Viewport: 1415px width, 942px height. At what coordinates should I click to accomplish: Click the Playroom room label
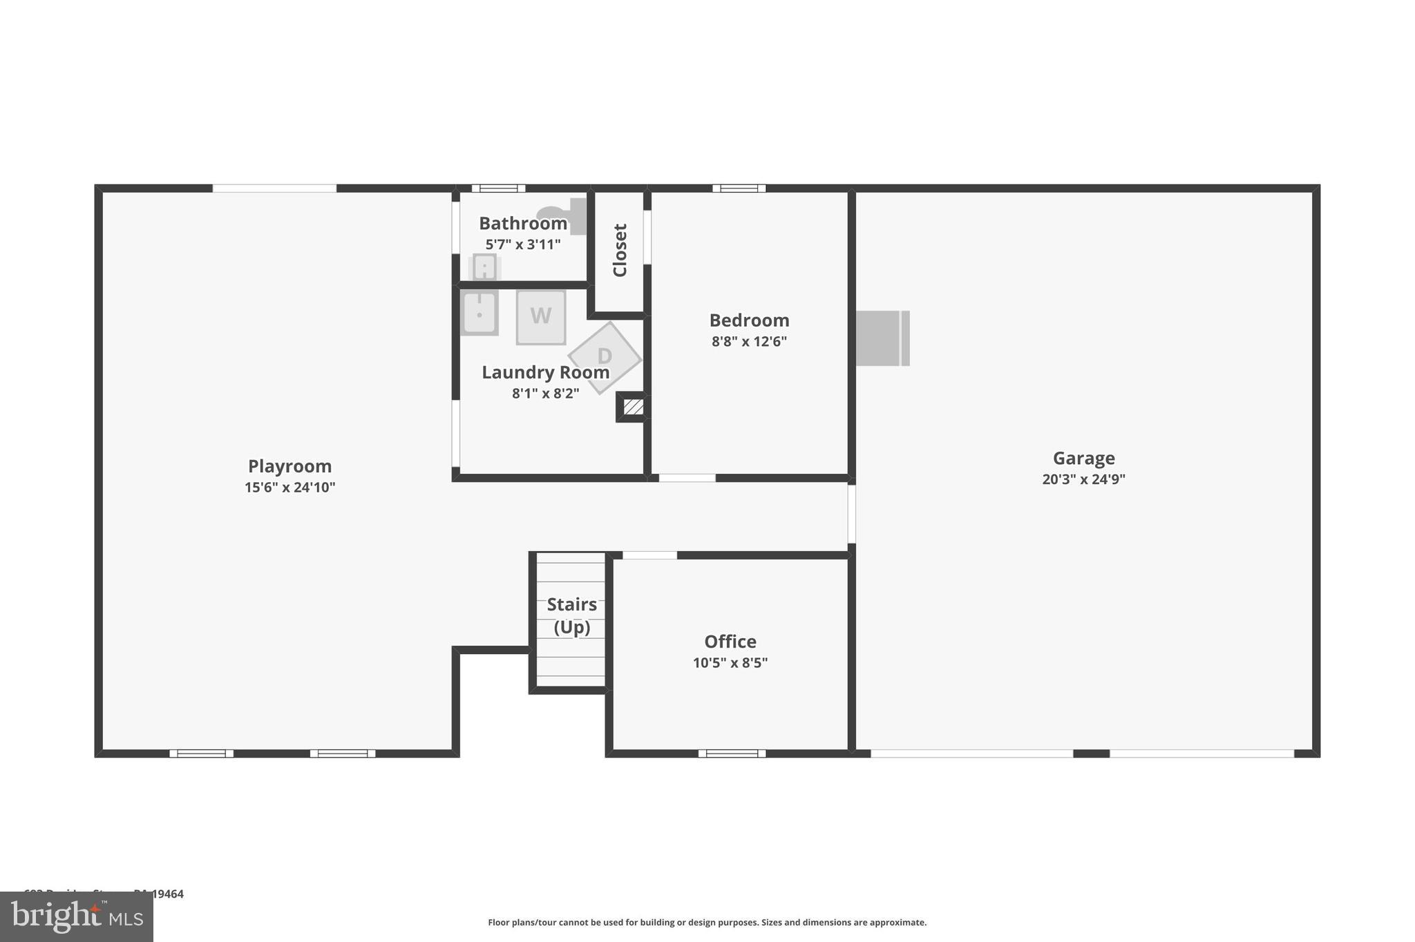[x=289, y=466]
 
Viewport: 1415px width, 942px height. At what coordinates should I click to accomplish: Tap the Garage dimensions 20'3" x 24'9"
[x=1083, y=479]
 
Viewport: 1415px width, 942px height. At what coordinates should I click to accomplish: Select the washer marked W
[x=541, y=317]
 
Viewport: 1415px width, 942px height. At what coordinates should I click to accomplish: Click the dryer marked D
[x=605, y=357]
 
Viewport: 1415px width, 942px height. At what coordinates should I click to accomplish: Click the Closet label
[x=620, y=250]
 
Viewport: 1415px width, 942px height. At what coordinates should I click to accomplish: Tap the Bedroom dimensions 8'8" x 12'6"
[x=749, y=341]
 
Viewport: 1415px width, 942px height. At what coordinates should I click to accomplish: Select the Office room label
[x=730, y=642]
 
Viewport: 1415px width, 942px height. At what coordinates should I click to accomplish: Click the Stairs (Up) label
[x=572, y=616]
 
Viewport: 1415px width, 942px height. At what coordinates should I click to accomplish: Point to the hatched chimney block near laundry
[x=633, y=407]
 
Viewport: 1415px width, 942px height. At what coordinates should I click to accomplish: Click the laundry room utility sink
[x=479, y=313]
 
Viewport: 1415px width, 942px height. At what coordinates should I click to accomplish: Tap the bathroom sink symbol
[x=484, y=267]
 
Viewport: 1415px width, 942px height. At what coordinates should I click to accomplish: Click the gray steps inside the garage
[x=882, y=338]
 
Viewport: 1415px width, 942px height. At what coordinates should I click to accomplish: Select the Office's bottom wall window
[x=732, y=753]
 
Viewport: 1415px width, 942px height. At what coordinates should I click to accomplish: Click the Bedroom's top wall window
[x=739, y=188]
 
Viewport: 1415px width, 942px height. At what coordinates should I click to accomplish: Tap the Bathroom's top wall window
[x=498, y=188]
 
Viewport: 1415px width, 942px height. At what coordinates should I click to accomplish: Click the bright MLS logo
[x=77, y=916]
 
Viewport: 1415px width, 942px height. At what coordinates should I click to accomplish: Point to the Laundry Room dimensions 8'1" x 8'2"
[x=545, y=394]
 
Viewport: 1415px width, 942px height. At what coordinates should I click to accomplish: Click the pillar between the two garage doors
[x=1091, y=753]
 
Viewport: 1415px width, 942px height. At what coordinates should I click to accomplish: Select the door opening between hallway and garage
[x=851, y=514]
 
